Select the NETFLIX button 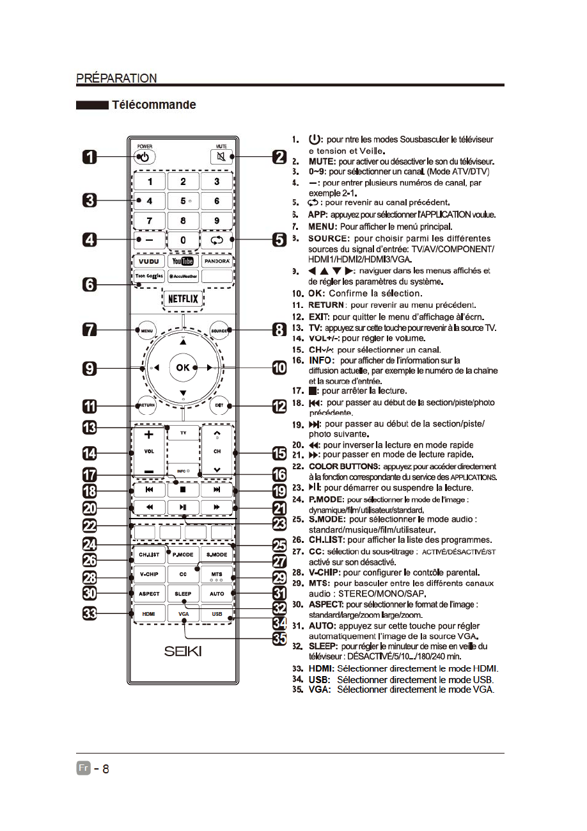(183, 299)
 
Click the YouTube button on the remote (183, 261)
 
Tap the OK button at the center (183, 367)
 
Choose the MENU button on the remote (146, 330)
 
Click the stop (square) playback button (183, 489)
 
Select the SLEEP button (183, 593)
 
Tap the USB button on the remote (217, 614)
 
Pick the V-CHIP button (148, 574)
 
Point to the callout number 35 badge (279, 639)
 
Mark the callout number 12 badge (279, 406)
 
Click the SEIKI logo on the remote (183, 651)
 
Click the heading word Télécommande (154, 104)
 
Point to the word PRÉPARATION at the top (116, 78)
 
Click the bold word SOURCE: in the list (329, 238)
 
